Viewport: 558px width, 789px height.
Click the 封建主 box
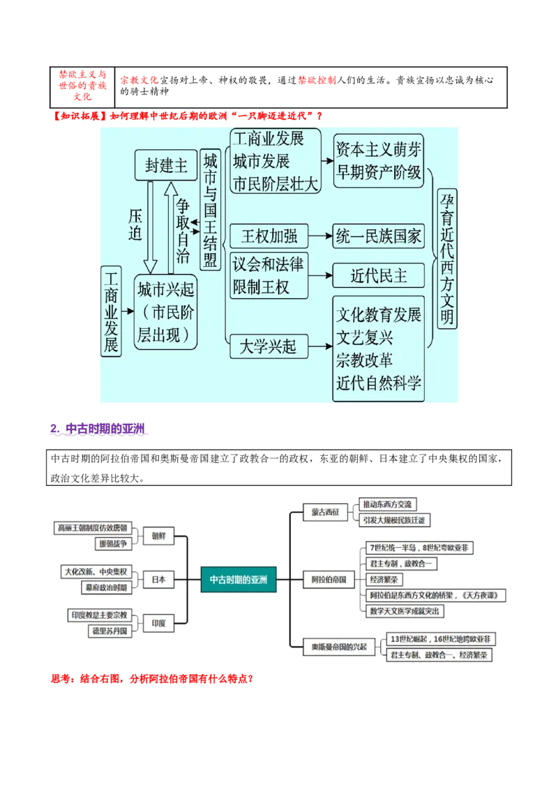click(x=166, y=165)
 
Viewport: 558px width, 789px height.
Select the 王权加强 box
click(x=269, y=236)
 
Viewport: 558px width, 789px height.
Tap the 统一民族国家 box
click(x=379, y=236)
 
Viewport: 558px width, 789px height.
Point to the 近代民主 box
click(x=379, y=275)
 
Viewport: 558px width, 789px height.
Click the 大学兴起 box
click(x=269, y=346)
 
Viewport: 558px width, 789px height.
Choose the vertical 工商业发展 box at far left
click(x=111, y=311)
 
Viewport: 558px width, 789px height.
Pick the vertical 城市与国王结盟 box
click(x=210, y=210)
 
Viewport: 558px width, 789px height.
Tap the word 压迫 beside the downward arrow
click(x=135, y=224)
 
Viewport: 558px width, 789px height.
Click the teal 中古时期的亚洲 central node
click(x=239, y=579)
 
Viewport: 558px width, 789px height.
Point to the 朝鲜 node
click(x=158, y=536)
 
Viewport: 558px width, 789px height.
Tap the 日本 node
click(x=158, y=579)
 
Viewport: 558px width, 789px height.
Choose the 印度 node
click(x=158, y=624)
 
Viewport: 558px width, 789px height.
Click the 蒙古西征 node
click(x=325, y=512)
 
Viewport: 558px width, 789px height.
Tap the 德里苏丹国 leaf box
click(x=110, y=631)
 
